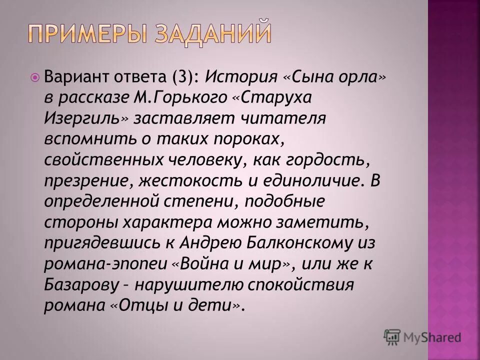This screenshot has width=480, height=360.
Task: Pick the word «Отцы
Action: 132,306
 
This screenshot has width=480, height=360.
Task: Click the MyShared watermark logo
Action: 422,337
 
